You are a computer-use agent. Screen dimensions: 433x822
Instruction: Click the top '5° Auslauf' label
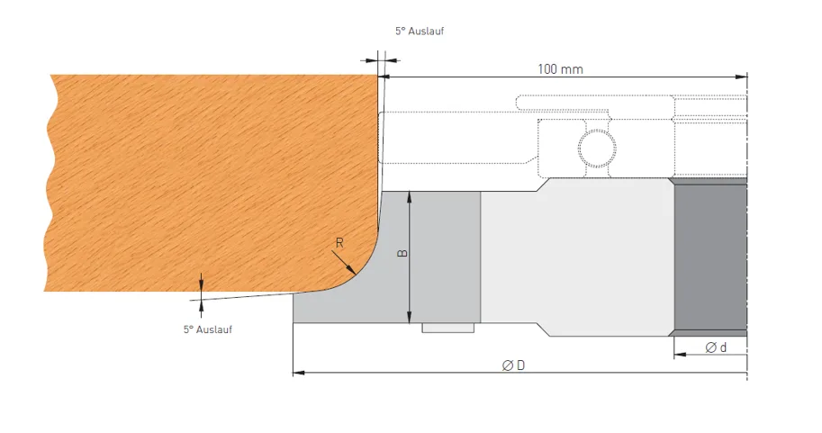[x=420, y=31]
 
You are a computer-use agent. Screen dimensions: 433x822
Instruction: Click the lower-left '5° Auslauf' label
[x=207, y=329]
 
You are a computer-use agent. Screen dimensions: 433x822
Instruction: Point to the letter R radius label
[x=339, y=242]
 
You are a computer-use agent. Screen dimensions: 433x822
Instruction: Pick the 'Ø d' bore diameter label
[x=716, y=347]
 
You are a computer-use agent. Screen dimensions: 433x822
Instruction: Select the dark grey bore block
[x=710, y=257]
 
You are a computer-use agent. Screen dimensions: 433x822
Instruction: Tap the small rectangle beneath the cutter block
[x=447, y=328]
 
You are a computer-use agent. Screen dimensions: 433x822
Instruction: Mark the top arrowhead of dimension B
[x=410, y=195]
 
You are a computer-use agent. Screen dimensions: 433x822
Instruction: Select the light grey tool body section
[x=576, y=257]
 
